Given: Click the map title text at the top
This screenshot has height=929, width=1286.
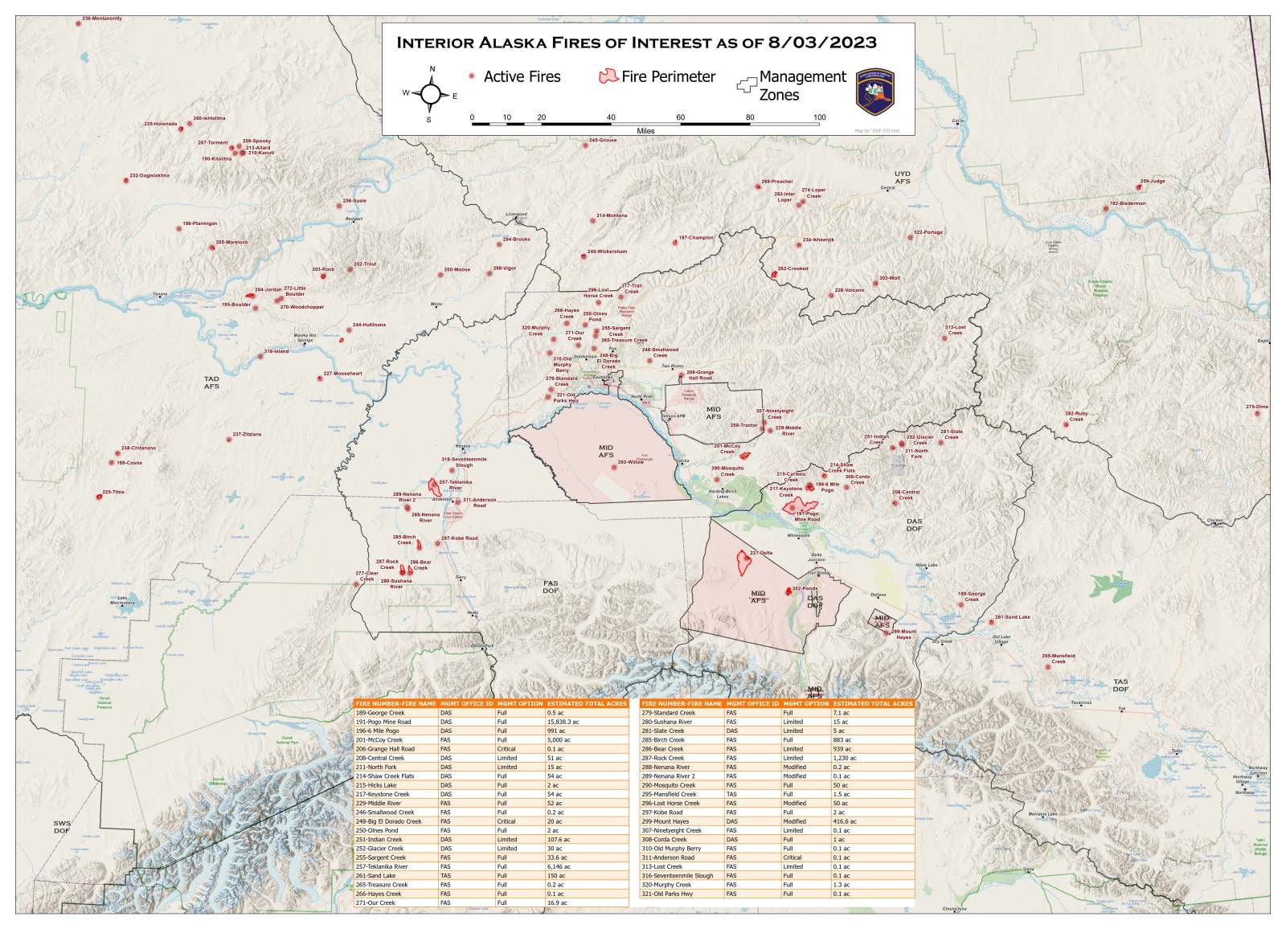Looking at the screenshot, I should pos(637,43).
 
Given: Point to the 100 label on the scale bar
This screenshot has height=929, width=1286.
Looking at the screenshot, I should pos(819,117).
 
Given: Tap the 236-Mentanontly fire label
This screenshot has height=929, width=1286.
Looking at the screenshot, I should pos(102,18).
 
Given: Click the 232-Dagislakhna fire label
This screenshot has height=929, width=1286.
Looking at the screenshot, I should pos(149,175).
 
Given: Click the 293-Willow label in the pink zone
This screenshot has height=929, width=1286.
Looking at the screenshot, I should pos(631,462).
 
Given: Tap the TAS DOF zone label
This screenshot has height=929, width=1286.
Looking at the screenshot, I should pos(1120,685).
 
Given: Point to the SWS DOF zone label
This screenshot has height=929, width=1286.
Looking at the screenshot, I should pos(62,827).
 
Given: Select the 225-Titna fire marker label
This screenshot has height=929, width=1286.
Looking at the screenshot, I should pos(113,492).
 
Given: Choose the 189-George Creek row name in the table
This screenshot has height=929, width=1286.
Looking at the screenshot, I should pos(380,713).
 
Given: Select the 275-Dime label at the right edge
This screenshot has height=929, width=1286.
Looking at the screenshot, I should pos(1257,407).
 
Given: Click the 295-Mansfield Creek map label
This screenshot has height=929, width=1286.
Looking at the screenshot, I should pos(1059,658).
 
